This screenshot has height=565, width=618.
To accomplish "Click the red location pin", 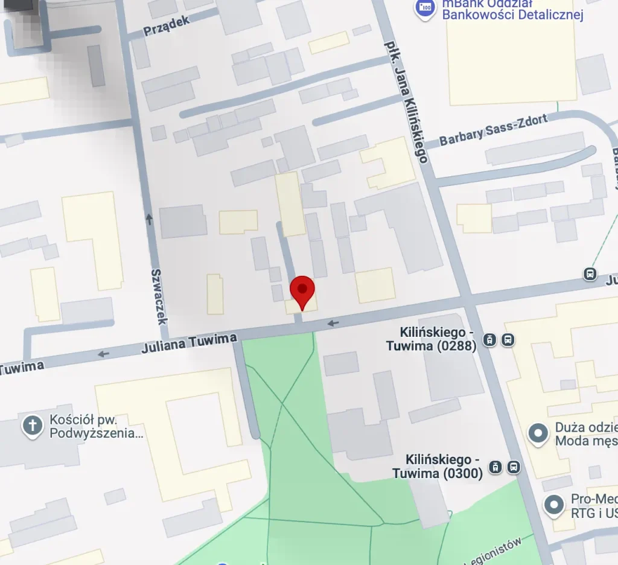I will [302, 291].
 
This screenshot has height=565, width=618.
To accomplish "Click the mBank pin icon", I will [426, 7].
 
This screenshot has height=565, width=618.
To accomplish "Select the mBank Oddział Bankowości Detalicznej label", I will [512, 10].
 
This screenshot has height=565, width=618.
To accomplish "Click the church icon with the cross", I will [33, 426].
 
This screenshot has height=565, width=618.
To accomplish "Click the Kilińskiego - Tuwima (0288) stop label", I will [432, 339].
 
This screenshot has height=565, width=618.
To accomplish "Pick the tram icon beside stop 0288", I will [490, 340].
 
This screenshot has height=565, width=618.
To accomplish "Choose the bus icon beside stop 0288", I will [508, 340].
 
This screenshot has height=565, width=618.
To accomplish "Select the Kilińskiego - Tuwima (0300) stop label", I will [437, 467].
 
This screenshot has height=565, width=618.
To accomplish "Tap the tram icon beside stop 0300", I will [495, 467].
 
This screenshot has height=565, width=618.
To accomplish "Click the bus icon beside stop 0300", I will [514, 467].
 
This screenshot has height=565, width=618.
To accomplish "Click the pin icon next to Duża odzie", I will [537, 432].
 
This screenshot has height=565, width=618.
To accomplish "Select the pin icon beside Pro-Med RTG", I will [553, 505].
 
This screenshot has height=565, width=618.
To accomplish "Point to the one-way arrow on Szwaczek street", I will [149, 217].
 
